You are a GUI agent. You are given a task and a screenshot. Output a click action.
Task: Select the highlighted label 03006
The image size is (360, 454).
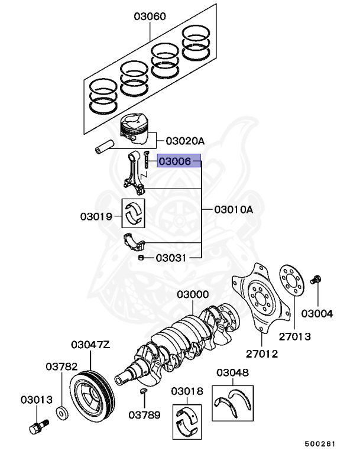174,161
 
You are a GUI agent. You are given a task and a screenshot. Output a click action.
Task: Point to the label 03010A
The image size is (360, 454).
233,209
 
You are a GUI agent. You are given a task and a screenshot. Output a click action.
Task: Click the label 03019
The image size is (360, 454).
96,216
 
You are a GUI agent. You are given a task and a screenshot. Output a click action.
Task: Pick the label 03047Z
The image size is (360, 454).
90,345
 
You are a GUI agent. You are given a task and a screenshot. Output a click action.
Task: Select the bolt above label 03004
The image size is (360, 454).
317,280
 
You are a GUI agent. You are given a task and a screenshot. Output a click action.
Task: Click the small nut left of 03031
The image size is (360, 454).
141,258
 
